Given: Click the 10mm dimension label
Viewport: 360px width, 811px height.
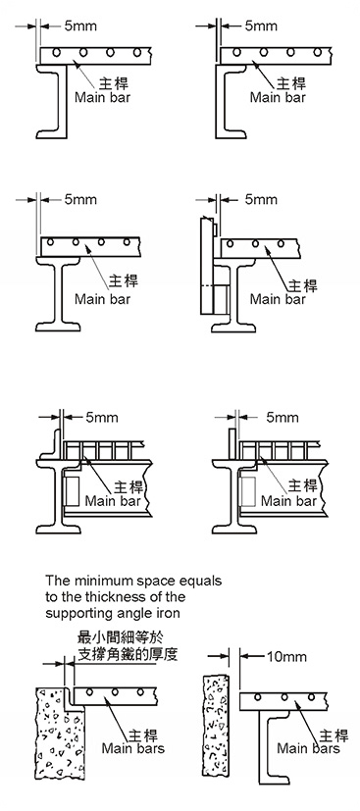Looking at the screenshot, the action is pyautogui.click(x=286, y=656).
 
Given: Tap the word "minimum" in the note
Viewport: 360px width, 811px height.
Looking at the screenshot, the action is pyautogui.click(x=91, y=581).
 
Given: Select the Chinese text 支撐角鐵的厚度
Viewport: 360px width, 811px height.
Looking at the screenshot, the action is pyautogui.click(x=128, y=653).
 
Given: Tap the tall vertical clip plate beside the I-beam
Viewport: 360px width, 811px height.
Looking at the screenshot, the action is pyautogui.click(x=206, y=267).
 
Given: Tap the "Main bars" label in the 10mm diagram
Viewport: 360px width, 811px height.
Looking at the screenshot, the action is pyautogui.click(x=309, y=748).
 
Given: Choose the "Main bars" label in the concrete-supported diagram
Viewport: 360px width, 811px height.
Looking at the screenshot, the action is pyautogui.click(x=133, y=748).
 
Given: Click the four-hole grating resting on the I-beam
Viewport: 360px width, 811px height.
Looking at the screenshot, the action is pyautogui.click(x=89, y=246).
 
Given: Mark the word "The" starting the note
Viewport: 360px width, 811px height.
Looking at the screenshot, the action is pyautogui.click(x=55, y=581).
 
